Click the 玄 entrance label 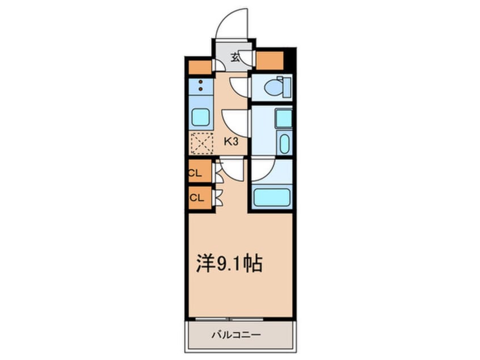pos(234,56)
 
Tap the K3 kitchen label pos(230,142)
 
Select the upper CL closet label pos(196,174)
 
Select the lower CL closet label pos(196,198)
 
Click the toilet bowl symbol pos(274,87)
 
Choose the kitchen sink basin pos(201,118)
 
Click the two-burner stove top pos(200,86)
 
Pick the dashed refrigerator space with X pos(200,143)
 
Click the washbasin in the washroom pos(285,144)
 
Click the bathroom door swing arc pos(263,169)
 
